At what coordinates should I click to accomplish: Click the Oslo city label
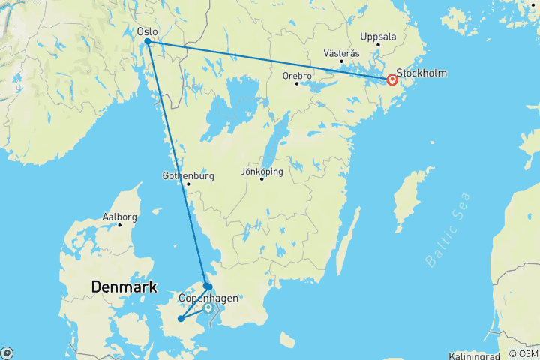(x=147, y=31)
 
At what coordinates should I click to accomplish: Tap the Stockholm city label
(x=422, y=73)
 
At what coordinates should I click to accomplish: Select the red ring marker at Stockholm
(x=391, y=80)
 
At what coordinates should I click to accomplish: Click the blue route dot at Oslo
(x=148, y=42)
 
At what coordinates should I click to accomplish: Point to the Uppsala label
(x=377, y=36)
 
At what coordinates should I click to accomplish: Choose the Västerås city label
(x=341, y=53)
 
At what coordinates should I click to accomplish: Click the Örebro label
(x=297, y=75)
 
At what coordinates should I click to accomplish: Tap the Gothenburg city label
(x=188, y=176)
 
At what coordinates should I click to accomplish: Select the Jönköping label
(x=262, y=171)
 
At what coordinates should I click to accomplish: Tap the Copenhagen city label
(x=208, y=298)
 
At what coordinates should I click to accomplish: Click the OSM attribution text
(x=523, y=353)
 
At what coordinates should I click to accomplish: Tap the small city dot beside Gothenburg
(x=188, y=184)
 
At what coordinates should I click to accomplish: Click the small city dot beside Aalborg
(x=118, y=225)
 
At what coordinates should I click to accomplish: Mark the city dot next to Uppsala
(x=379, y=44)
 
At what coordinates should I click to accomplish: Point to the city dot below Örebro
(x=297, y=83)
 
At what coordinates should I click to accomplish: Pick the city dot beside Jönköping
(x=262, y=178)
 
